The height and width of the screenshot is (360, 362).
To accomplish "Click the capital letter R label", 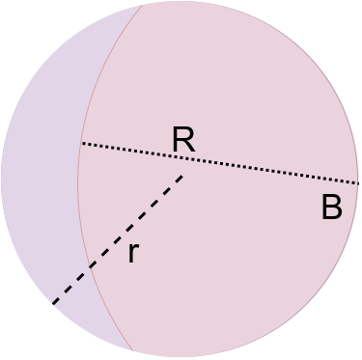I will (x=183, y=140).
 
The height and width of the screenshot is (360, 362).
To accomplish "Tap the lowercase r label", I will (x=133, y=254).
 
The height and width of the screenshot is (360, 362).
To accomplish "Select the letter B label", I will (x=331, y=208).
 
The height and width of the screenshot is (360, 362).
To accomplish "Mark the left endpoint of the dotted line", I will (x=81, y=144).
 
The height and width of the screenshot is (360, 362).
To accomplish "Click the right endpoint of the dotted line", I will (x=359, y=182).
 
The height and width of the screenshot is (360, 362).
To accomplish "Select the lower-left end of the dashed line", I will (x=51, y=306).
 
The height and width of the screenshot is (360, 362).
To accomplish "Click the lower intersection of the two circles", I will (x=133, y=350).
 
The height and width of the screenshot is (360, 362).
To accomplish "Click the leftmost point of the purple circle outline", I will (x=1, y=180).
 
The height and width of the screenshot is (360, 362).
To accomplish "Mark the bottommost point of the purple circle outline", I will (x=181, y=358).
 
